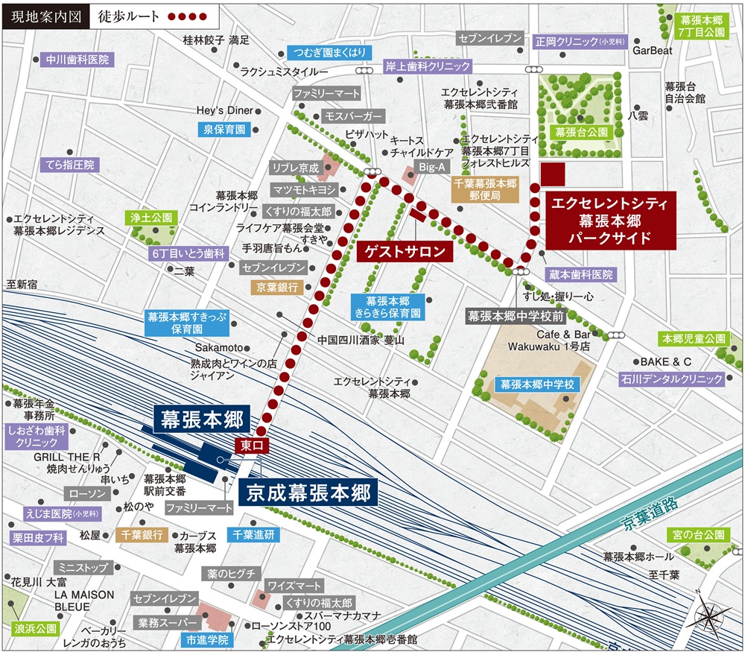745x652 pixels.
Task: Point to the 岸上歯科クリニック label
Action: point(428,66)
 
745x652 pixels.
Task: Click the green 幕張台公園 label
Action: point(582,132)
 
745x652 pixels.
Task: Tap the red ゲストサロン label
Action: point(406,252)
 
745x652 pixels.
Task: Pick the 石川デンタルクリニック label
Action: point(671,379)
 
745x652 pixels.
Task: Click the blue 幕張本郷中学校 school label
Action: point(537,385)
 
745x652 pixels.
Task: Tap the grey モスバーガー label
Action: point(353,117)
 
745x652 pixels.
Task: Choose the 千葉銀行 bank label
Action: point(142,535)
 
